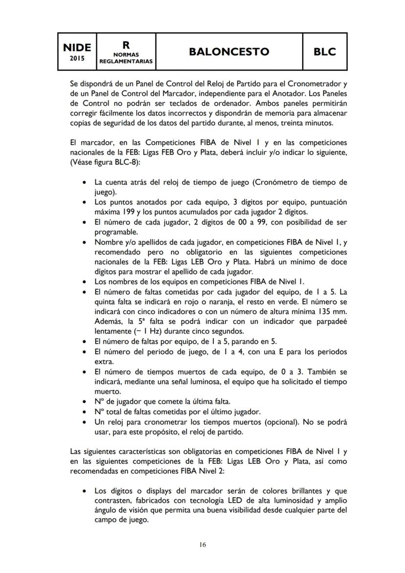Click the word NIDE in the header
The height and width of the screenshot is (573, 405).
coord(77,47)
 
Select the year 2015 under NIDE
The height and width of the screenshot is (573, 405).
coord(77,58)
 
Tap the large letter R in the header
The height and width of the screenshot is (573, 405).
coord(126,45)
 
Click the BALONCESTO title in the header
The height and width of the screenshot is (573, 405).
coord(229,52)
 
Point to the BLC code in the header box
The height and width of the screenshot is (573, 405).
coord(325,52)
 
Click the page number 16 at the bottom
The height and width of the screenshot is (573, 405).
coord(202,545)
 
